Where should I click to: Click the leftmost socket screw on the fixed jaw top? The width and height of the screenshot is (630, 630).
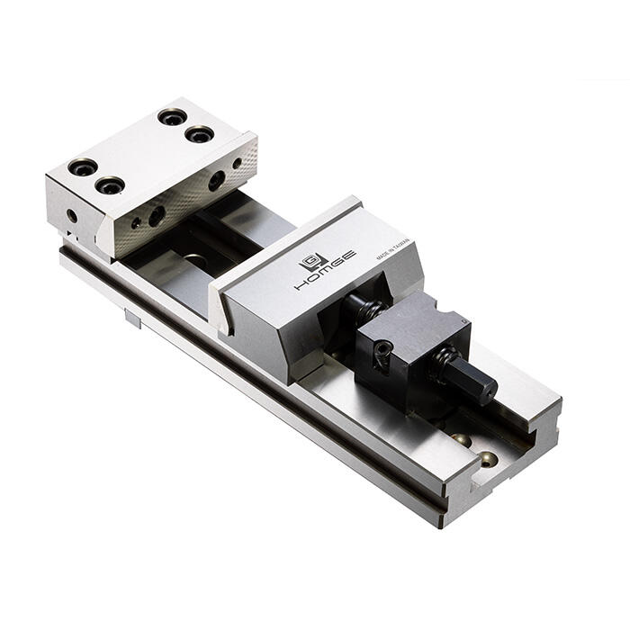coord(82,167)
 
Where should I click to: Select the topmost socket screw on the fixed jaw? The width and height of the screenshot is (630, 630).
coord(172,117)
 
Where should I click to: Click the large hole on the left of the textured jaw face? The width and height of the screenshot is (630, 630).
coord(157,216)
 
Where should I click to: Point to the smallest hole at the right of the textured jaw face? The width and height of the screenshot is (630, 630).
coord(238,165)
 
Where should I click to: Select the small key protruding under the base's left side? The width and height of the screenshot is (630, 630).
coord(132,318)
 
